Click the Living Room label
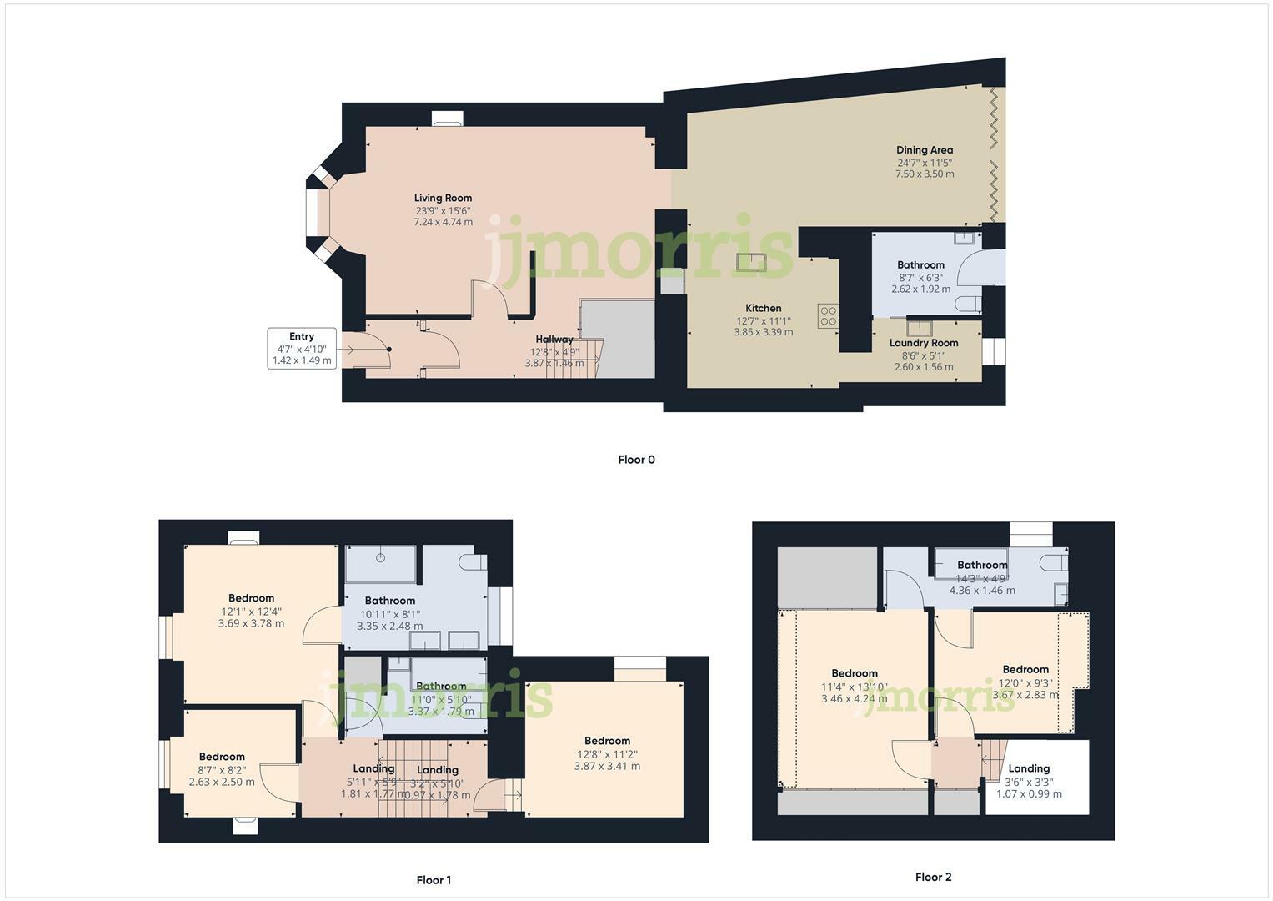coord(443,199)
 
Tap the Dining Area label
coord(924,150)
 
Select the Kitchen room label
coord(763,308)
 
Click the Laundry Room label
coord(923,343)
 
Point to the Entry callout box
coord(302,349)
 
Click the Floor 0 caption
coord(636,460)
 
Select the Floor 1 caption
coord(434,880)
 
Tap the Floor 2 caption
coord(933,877)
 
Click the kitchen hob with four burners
coord(828,315)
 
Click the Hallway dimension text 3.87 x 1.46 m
coord(554,364)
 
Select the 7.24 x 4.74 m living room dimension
coord(443,223)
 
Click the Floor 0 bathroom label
coord(920,265)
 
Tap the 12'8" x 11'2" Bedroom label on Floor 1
coord(607,741)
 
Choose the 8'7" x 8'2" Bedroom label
coord(222,757)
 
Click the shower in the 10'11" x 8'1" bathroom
coord(381,564)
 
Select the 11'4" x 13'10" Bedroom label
coord(855,673)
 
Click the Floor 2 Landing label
coord(1029,768)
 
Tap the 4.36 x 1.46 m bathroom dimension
coord(982,591)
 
